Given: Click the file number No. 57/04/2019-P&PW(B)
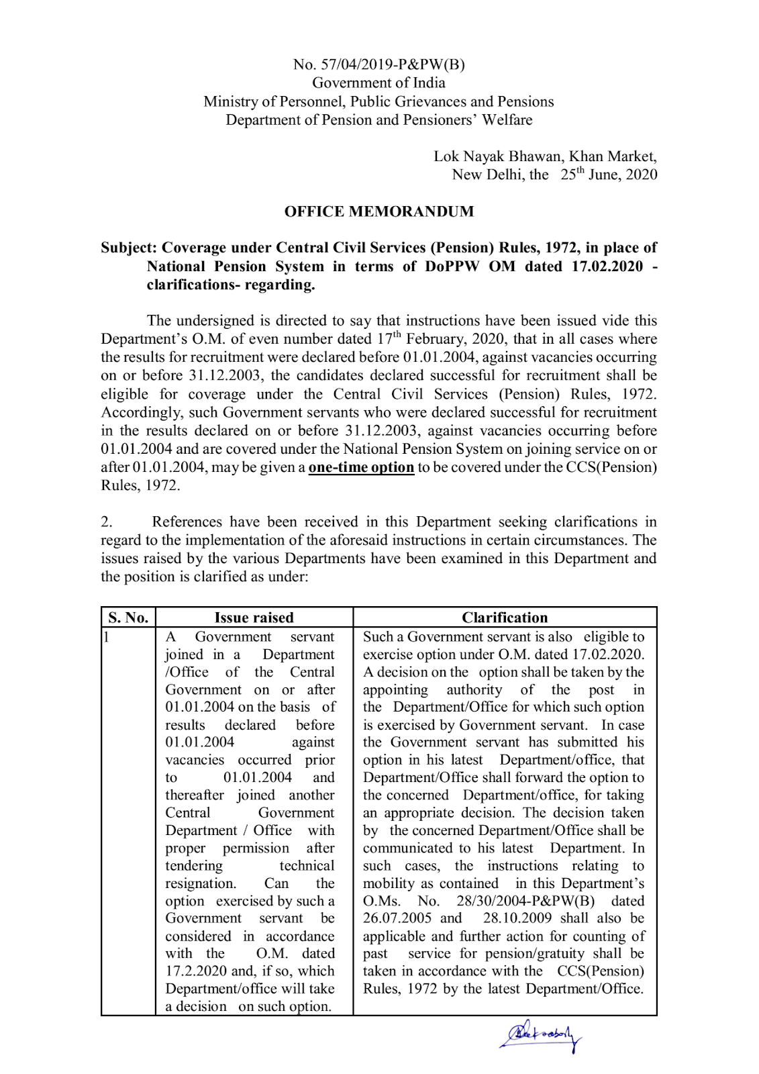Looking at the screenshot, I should (x=378, y=64).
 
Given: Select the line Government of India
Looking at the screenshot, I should (x=378, y=83).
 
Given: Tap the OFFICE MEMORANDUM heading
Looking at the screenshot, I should (x=378, y=211).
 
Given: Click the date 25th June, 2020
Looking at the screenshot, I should (x=609, y=175).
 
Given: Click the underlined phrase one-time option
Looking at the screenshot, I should (x=361, y=467).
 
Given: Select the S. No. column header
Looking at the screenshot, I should (x=128, y=618).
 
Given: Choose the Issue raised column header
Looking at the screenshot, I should (x=254, y=618).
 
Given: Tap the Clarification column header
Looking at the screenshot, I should (x=505, y=618).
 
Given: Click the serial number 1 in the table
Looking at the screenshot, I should (x=106, y=636).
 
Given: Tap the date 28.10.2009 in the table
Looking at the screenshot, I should (x=517, y=918).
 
